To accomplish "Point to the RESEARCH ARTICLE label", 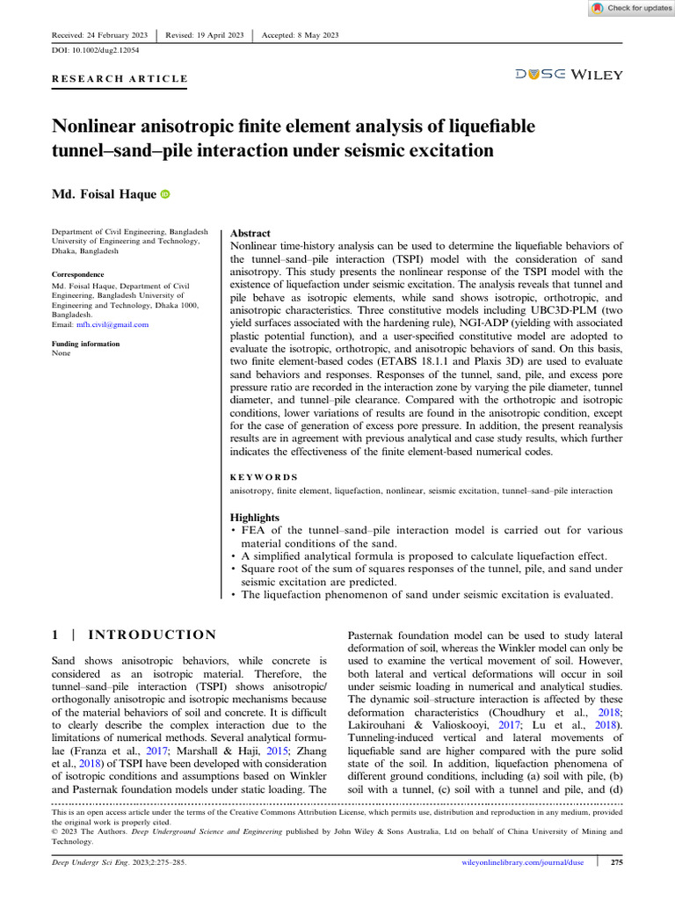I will click(x=120, y=78).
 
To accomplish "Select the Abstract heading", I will click(x=250, y=234).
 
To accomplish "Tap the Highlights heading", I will click(x=254, y=518).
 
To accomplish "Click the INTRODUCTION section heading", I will click(x=154, y=635).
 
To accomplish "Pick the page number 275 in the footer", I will click(x=616, y=862).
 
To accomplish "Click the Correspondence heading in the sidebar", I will click(x=83, y=274).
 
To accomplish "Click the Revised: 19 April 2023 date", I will click(x=204, y=34).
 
